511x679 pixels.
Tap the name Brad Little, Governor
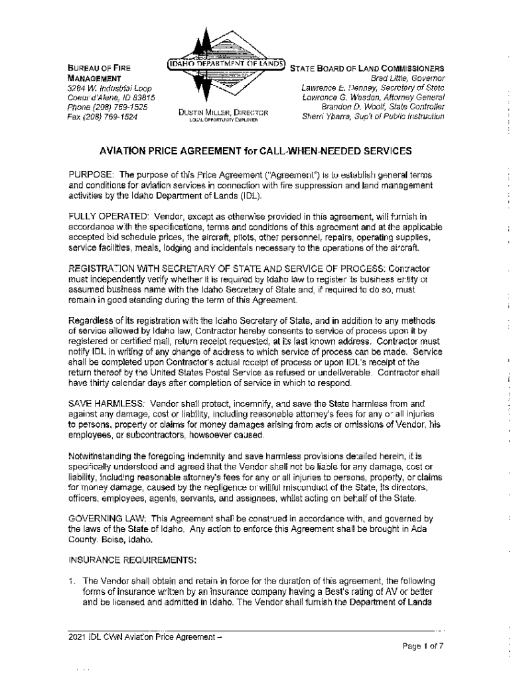pyautogui.click(x=407, y=78)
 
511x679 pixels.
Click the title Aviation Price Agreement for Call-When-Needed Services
pyautogui.click(x=256, y=151)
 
